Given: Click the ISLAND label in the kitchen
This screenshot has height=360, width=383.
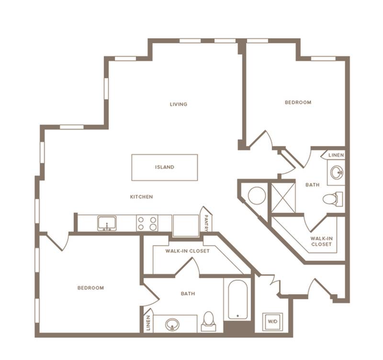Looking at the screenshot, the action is tap(165, 167).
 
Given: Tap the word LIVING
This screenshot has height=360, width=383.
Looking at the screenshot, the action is tap(179, 104).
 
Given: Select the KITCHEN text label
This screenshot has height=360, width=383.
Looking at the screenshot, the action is tap(141, 197).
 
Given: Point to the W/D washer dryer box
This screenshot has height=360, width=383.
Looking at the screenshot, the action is tap(272, 321).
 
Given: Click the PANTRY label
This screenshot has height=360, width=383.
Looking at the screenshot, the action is tap(206, 222).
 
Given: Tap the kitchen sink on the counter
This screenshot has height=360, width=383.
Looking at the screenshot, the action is tap(107, 223).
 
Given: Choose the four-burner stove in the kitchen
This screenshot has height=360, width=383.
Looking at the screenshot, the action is tap(147, 223).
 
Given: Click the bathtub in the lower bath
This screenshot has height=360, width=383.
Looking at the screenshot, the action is tap(238, 300).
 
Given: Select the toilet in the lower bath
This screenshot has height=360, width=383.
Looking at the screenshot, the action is tap(209, 321).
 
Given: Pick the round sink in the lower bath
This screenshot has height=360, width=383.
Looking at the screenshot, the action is tap(172, 325).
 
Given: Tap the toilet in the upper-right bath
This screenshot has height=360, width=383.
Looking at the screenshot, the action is tap(333, 199).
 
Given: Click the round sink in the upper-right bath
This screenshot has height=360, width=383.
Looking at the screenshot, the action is tap(337, 173).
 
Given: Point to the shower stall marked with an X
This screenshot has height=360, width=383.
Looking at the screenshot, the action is tap(283, 197).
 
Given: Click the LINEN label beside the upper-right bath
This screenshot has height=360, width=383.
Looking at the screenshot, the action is tap(336, 155).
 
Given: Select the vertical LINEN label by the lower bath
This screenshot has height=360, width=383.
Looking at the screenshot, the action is tap(148, 323).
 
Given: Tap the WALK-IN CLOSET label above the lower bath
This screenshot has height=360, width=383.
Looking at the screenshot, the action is tap(187, 251).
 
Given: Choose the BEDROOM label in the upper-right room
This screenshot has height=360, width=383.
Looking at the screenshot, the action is tap(298, 103).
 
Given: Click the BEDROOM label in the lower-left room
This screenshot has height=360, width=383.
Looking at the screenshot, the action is tap(90, 288).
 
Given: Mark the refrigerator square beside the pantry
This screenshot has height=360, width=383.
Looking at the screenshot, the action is tap(186, 225).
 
